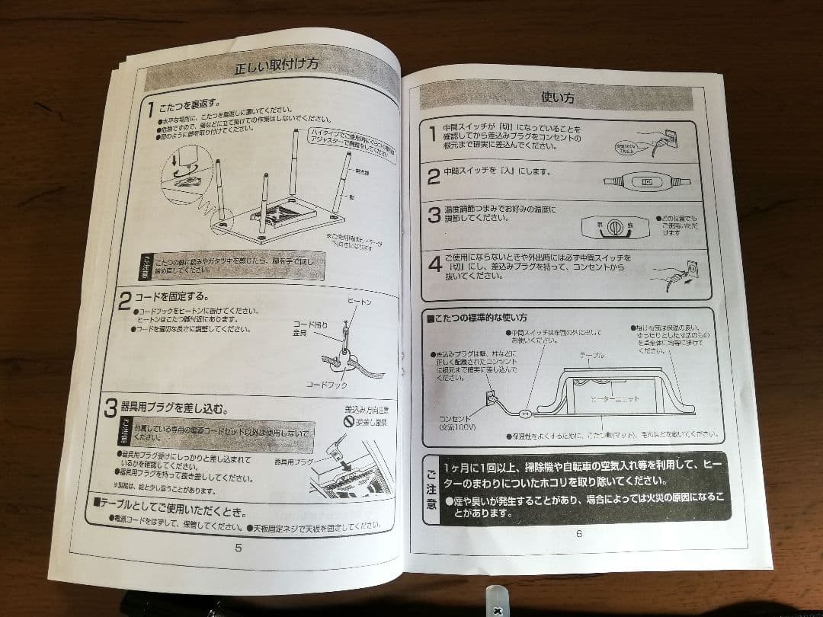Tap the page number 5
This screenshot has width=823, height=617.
[x=238, y=547]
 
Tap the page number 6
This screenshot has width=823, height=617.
[x=578, y=533]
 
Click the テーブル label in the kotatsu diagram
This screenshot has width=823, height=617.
[x=592, y=355]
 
